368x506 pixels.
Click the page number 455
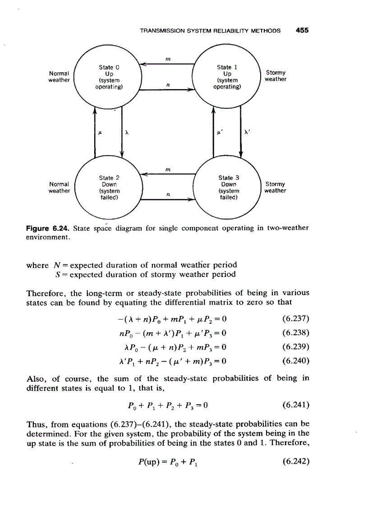tap(302, 31)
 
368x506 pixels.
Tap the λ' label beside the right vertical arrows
tap(247, 133)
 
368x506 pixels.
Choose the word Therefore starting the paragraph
tap(45, 293)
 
